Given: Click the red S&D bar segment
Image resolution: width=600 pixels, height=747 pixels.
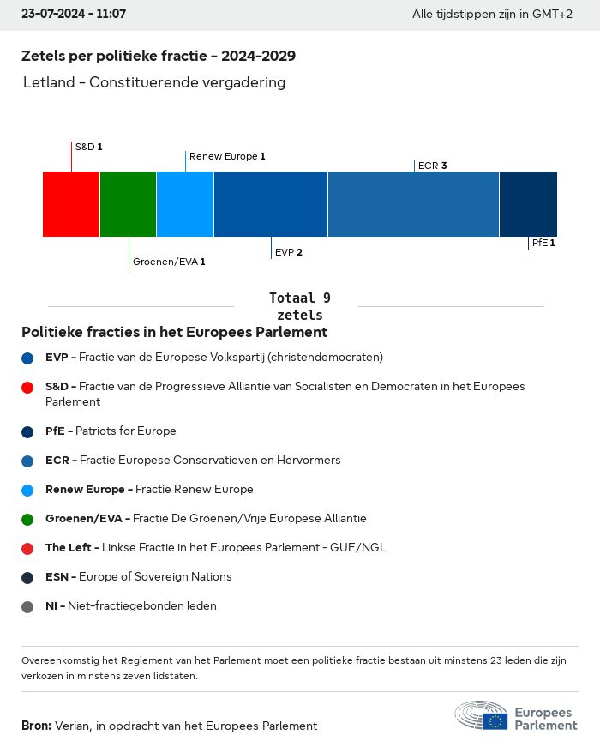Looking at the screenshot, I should tap(71, 203).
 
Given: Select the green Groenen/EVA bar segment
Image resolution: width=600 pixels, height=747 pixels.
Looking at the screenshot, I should tap(128, 203).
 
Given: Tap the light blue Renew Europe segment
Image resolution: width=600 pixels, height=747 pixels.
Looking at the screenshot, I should tap(185, 203).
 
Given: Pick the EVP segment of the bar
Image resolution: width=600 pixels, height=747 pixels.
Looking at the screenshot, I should tap(271, 203).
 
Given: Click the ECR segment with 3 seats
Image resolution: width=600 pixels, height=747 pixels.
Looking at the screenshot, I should tap(413, 203).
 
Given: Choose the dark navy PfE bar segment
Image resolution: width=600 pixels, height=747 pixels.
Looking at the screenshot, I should tap(528, 203).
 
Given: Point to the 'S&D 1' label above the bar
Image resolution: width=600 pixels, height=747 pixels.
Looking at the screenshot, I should tap(89, 147).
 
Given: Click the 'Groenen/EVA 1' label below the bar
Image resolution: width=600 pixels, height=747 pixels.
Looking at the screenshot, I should tap(169, 262).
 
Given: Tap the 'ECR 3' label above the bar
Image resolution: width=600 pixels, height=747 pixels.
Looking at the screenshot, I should tap(433, 166).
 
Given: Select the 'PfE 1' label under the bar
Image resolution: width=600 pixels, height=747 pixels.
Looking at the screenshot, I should tap(543, 243).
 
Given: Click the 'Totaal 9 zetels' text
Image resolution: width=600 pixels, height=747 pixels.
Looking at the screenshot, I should tap(299, 306).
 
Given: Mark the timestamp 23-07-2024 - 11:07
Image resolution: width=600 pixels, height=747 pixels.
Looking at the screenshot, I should tap(74, 15).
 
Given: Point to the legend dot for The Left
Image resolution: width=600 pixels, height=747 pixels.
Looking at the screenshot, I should tap(28, 548).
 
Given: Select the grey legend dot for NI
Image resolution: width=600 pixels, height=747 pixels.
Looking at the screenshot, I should tap(28, 606).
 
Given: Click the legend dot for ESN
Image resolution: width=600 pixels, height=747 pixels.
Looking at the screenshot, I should tap(28, 577).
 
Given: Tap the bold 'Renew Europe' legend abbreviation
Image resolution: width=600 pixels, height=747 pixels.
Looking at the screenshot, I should tap(86, 489).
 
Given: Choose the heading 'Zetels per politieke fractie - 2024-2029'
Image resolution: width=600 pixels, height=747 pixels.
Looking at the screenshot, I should tap(159, 56).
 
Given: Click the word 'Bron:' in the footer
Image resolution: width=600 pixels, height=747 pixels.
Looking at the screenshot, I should tap(36, 726).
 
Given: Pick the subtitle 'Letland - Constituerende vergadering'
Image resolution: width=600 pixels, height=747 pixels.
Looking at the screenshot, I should tap(154, 83).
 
